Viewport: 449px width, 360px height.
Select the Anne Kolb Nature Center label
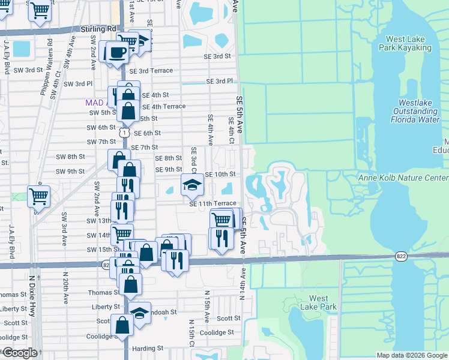click(x=403, y=178)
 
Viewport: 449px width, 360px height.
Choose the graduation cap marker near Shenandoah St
click(x=140, y=314)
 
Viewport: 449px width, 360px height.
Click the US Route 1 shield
click(x=124, y=130)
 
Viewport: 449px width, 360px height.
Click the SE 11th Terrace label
click(x=212, y=204)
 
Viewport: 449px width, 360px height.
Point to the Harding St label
click(x=148, y=348)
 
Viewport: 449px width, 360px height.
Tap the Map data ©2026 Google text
click(x=411, y=355)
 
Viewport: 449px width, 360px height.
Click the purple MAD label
click(x=94, y=103)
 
